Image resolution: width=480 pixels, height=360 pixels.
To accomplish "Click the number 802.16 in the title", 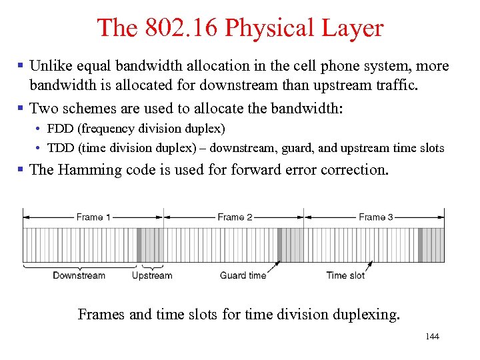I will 179,28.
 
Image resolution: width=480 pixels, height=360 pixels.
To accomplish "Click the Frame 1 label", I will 94,217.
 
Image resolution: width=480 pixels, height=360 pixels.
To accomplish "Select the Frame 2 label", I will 235,217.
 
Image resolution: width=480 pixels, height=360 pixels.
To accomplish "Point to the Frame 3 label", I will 376,217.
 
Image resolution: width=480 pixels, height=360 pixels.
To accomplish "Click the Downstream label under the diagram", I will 79,275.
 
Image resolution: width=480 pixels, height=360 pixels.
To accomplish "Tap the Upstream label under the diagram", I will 152,275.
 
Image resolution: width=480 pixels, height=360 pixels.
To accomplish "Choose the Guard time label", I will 243,275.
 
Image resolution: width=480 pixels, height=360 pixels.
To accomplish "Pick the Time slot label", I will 345,275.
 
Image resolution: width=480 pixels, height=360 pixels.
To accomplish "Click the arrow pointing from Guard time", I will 274,268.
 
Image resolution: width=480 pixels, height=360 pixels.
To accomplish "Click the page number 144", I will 432,337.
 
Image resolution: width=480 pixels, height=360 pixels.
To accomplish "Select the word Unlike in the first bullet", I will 51,67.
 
